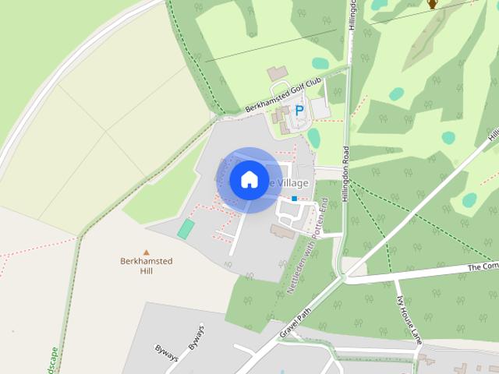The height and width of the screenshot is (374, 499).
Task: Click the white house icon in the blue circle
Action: pyautogui.click(x=249, y=180)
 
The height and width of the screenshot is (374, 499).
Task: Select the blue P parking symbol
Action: pyautogui.click(x=299, y=111)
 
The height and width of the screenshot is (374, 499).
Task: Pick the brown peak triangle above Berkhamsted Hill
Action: pyautogui.click(x=146, y=252)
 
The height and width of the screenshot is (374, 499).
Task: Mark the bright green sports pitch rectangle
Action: pyautogui.click(x=186, y=229)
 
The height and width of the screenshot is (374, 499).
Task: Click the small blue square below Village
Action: pyautogui.click(x=294, y=199)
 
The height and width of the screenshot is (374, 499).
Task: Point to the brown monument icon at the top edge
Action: pyautogui.click(x=432, y=4)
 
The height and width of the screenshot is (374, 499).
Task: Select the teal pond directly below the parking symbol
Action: pyautogui.click(x=313, y=137)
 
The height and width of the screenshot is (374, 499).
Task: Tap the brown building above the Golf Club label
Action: pyautogui.click(x=277, y=72)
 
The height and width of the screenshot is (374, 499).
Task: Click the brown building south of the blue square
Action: pyautogui.click(x=283, y=231)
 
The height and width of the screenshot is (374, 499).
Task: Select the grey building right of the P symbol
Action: pyautogui.click(x=320, y=108)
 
